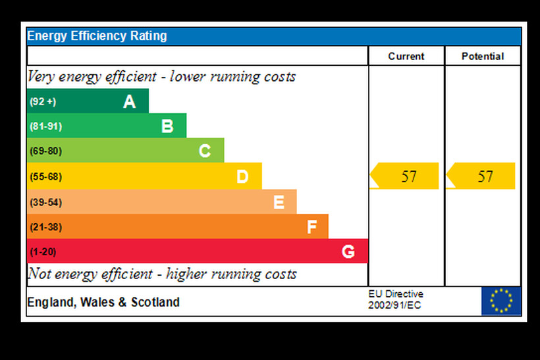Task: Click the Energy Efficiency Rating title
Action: [97, 36]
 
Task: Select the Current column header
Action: [406, 57]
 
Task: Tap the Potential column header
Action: [483, 57]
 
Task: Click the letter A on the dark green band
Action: [130, 101]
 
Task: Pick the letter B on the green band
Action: [167, 126]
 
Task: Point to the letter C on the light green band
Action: [205, 151]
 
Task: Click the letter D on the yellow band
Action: [242, 176]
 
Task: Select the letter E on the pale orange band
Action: [279, 202]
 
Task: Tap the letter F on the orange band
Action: [312, 227]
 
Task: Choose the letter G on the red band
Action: [348, 251]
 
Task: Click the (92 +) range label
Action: [43, 101]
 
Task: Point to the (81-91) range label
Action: [45, 126]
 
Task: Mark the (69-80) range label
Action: [45, 151]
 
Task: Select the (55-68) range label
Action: [45, 176]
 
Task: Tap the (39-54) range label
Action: [45, 202]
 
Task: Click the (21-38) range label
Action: [45, 227]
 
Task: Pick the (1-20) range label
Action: [43, 251]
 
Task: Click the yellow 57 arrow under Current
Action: [405, 176]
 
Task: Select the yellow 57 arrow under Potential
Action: [481, 176]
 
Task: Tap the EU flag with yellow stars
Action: [501, 301]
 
